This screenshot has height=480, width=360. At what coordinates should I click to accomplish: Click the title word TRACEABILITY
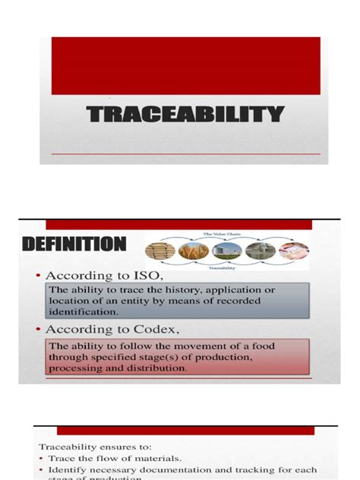point(185,115)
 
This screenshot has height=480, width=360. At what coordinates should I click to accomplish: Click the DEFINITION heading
point(74,245)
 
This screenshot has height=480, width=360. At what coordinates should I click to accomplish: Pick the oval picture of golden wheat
point(194,251)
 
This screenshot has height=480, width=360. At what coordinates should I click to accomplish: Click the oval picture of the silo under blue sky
point(227,251)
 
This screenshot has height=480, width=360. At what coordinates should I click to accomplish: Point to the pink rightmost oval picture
point(293,251)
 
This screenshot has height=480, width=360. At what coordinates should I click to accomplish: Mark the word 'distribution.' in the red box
point(160,368)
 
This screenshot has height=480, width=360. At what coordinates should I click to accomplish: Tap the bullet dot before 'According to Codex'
point(36,329)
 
